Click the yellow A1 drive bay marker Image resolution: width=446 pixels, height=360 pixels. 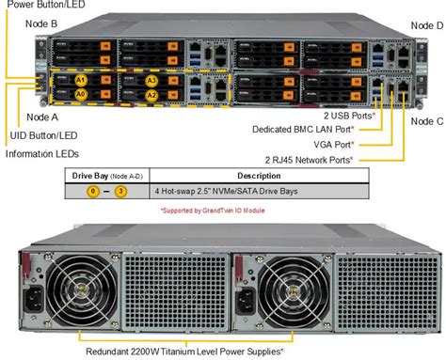click(x=83, y=81)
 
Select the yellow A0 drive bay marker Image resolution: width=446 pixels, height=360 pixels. click(x=83, y=95)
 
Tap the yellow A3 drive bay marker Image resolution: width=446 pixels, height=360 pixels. click(x=152, y=81)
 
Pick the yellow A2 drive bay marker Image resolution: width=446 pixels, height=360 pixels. click(x=152, y=95)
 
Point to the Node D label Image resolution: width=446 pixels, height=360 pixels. click(x=426, y=25)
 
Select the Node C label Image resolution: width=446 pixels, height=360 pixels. click(x=426, y=120)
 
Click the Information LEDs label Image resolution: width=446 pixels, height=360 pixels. click(x=40, y=152)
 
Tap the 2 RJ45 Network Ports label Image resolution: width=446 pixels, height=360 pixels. click(x=310, y=160)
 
